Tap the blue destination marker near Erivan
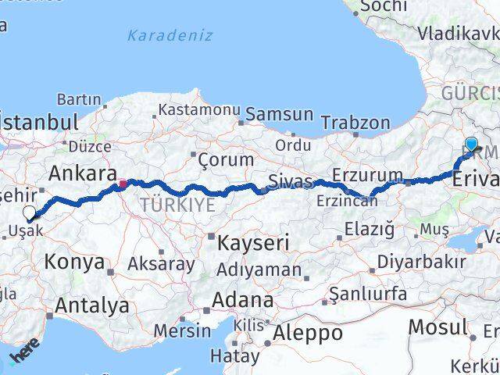[471, 144]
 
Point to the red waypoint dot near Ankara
[122, 185]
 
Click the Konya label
[74, 262]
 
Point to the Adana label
[245, 300]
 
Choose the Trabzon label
[355, 123]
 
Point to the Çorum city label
[226, 159]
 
